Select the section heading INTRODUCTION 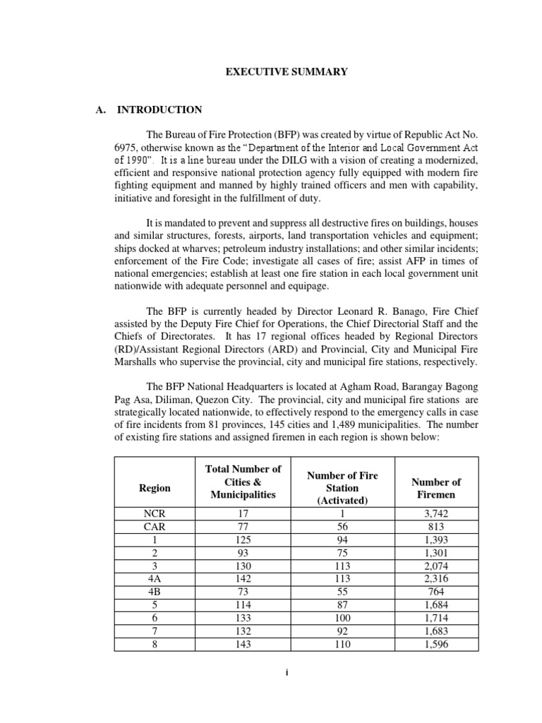point(159,109)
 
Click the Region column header point(155,488)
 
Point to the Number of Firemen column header point(435,488)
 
